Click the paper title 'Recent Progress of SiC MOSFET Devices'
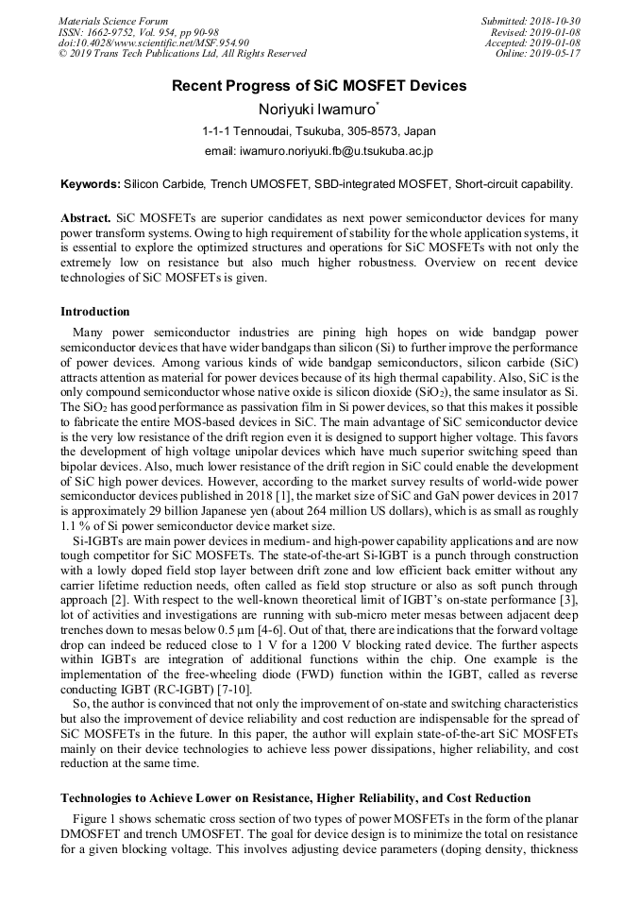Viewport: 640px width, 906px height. pyautogui.click(x=319, y=86)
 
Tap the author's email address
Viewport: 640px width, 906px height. pyautogui.click(x=319, y=151)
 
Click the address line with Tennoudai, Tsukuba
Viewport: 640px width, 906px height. pyautogui.click(x=319, y=131)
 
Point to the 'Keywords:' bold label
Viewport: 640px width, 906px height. pyautogui.click(x=91, y=184)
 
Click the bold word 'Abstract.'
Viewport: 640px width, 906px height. pyautogui.click(x=86, y=217)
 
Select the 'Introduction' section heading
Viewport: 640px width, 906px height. pyautogui.click(x=95, y=312)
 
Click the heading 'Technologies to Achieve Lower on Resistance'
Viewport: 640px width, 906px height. pyautogui.click(x=295, y=798)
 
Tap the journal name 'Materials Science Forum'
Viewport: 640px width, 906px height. pyautogui.click(x=113, y=21)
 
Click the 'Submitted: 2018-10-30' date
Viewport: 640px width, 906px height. pyautogui.click(x=531, y=21)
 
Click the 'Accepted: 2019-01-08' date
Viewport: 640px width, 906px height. pyautogui.click(x=533, y=43)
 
